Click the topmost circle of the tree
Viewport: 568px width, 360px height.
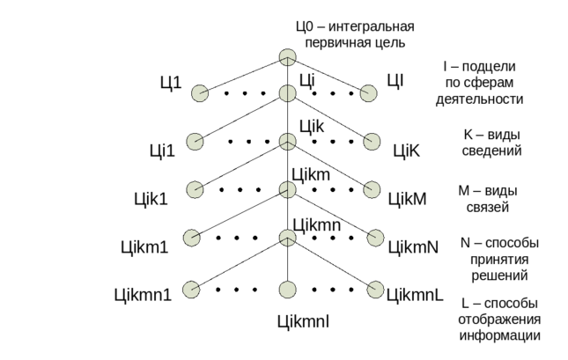pos(286,57)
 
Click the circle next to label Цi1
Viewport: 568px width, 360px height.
pos(199,92)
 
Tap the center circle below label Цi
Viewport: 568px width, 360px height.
pos(286,92)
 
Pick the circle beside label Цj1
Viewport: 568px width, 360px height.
pos(195,141)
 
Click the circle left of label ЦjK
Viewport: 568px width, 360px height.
pos(372,141)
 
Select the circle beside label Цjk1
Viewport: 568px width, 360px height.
pos(195,189)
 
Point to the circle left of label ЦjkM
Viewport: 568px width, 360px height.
pos(372,189)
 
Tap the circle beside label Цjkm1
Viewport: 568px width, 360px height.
pos(191,238)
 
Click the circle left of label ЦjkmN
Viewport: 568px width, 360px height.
pos(376,238)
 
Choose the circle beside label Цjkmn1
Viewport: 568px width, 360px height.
pos(190,288)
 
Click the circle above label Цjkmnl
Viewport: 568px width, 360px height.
pos(286,289)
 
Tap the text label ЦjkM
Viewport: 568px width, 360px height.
pos(408,199)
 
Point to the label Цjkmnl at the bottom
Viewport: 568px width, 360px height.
pos(303,322)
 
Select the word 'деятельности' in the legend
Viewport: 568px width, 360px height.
pos(480,99)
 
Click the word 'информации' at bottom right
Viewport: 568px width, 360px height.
pos(498,335)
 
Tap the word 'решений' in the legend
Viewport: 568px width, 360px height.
pos(498,276)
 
